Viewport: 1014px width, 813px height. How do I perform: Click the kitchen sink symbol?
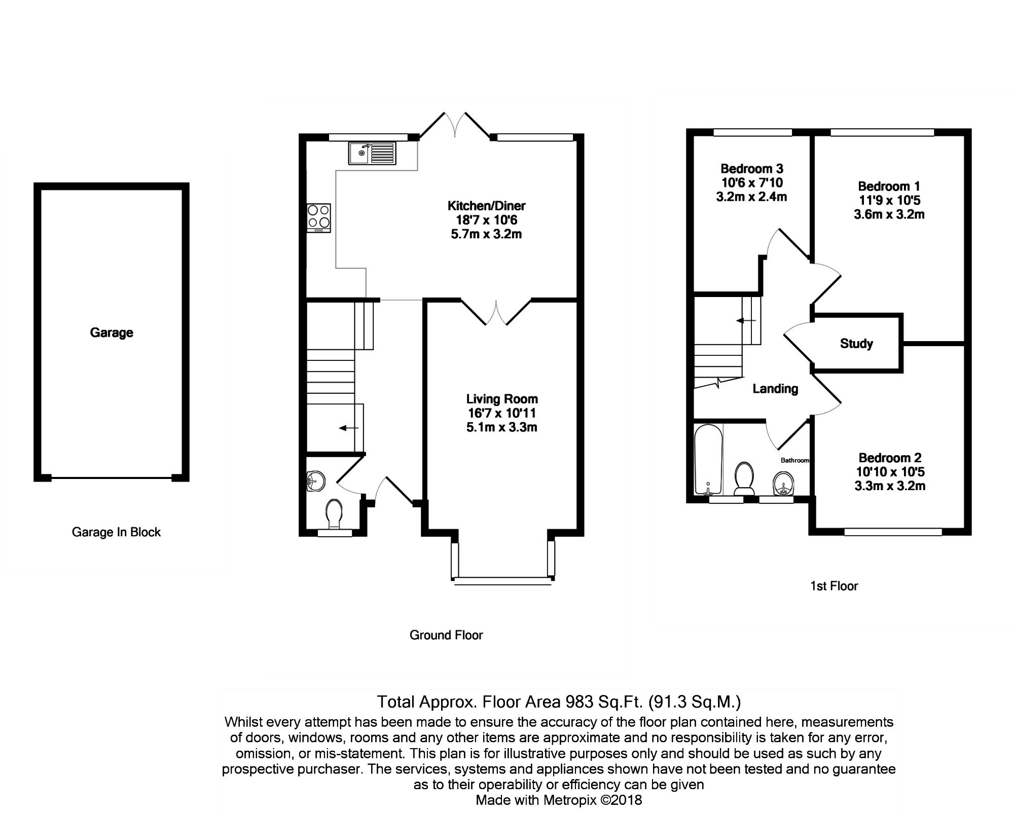[x=372, y=153]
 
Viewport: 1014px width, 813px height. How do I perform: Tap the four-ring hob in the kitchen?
[x=319, y=217]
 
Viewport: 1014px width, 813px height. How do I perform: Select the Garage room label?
[x=112, y=332]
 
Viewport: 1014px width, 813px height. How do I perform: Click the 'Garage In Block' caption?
[x=116, y=532]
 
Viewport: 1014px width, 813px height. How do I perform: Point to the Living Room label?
[x=502, y=399]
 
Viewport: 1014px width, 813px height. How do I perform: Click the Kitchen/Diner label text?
[x=486, y=206]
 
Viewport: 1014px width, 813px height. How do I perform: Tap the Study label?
[x=856, y=344]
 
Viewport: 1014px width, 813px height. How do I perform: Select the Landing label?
[x=775, y=389]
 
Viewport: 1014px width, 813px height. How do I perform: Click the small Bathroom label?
[x=794, y=460]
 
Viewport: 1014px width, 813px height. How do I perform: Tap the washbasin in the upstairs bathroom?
[x=784, y=484]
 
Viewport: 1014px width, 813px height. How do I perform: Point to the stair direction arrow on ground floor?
[x=348, y=428]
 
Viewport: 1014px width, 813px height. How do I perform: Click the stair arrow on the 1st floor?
[x=746, y=321]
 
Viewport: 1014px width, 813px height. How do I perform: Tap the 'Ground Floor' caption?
[x=446, y=635]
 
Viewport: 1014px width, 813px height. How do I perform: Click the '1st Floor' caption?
[x=834, y=586]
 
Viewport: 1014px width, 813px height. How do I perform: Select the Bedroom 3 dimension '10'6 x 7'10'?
[x=752, y=182]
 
